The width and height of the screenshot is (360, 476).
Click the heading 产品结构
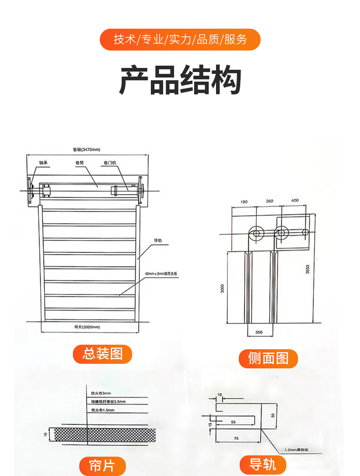(x=180, y=81)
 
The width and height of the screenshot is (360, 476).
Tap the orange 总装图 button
(x=103, y=354)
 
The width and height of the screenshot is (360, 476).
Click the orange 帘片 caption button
(x=103, y=466)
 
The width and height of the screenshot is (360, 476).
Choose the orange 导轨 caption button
(x=263, y=465)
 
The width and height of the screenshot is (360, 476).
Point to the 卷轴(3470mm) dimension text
(x=86, y=149)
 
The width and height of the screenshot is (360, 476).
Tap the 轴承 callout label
(x=43, y=162)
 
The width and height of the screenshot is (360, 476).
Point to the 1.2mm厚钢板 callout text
(x=297, y=450)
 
